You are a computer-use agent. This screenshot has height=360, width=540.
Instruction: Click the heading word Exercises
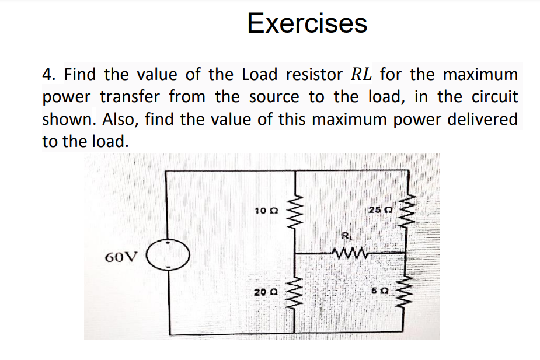point(307,23)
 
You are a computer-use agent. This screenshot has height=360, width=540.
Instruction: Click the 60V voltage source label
point(122,257)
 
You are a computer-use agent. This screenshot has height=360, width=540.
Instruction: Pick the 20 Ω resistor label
point(266,291)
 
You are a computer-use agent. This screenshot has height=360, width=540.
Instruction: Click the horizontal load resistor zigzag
point(349,253)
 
